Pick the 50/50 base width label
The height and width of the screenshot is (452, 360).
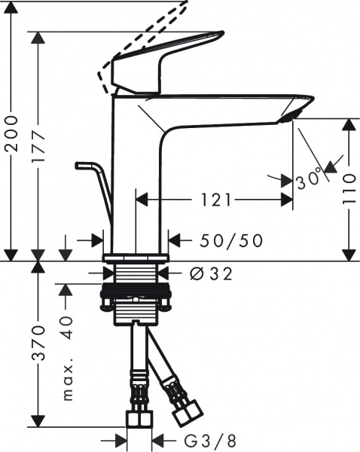(x=232, y=240)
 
